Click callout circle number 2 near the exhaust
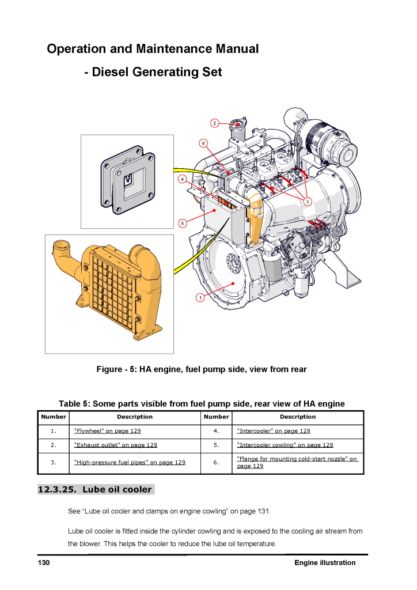point(214,123)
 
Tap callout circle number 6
point(203,142)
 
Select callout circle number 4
point(182,179)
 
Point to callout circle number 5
point(182,222)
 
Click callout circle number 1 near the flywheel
point(199,297)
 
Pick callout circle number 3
point(308,201)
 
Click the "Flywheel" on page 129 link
point(108,431)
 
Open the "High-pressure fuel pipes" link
point(130,462)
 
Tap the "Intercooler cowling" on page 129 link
point(285,445)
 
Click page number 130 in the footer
point(44,563)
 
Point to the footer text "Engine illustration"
point(324,563)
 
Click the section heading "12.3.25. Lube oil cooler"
point(95,490)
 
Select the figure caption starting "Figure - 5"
point(201,369)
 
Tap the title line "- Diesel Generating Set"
point(153,73)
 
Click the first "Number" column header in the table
point(54,417)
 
